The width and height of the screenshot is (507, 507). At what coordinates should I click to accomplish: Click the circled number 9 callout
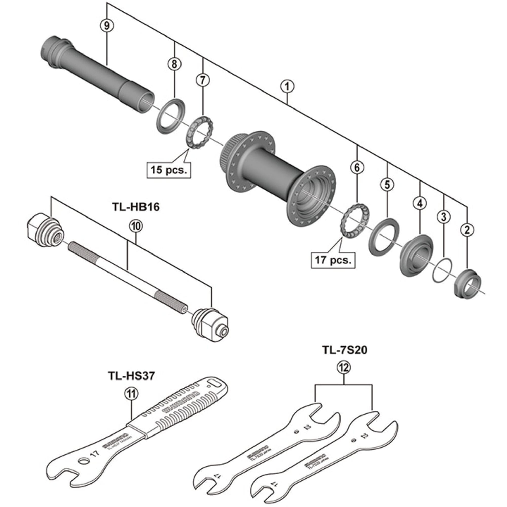pyautogui.click(x=107, y=25)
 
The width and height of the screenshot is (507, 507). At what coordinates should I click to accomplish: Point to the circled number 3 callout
pyautogui.click(x=443, y=217)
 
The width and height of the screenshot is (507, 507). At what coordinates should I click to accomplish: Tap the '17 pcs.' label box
pyautogui.click(x=333, y=260)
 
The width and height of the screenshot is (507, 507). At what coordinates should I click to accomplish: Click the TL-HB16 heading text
pyautogui.click(x=136, y=207)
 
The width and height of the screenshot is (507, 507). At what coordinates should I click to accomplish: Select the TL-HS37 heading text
pyautogui.click(x=132, y=376)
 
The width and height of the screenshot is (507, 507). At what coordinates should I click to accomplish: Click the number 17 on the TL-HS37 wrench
pyautogui.click(x=95, y=453)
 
